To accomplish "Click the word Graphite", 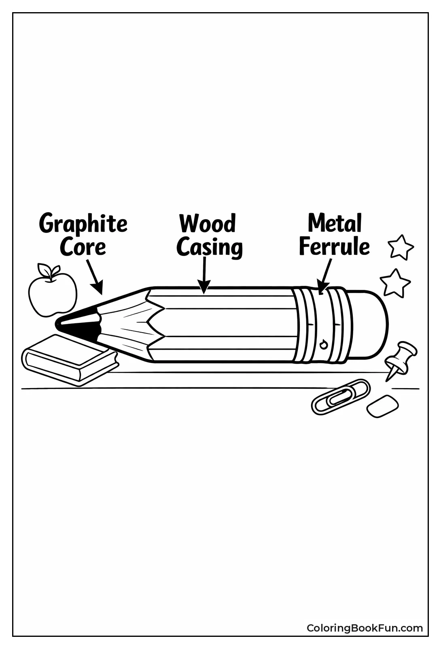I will pyautogui.click(x=83, y=224).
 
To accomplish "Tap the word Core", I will pyautogui.click(x=83, y=247).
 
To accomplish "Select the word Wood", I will pyautogui.click(x=208, y=224).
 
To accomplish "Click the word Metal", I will pyautogui.click(x=335, y=223).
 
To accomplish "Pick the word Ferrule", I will pyautogui.click(x=334, y=247).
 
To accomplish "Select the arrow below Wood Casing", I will pyautogui.click(x=204, y=275).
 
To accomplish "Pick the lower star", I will pyautogui.click(x=395, y=282).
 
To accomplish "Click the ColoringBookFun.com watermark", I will pyautogui.click(x=365, y=628).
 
